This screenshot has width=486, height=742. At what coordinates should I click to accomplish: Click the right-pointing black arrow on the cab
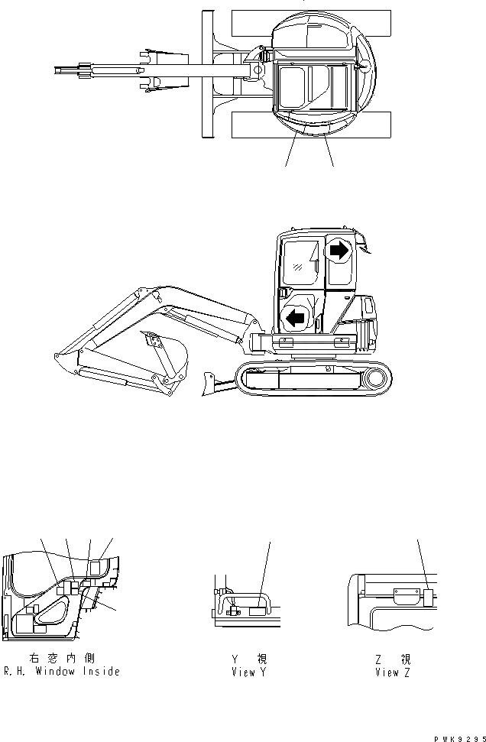pyautogui.click(x=339, y=249)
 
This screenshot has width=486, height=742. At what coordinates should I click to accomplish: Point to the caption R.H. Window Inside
pyautogui.click(x=61, y=672)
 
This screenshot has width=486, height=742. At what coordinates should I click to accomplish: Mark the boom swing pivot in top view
pyautogui.click(x=255, y=71)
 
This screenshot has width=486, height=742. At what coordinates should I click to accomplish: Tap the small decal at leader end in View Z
pyautogui.click(x=427, y=595)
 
